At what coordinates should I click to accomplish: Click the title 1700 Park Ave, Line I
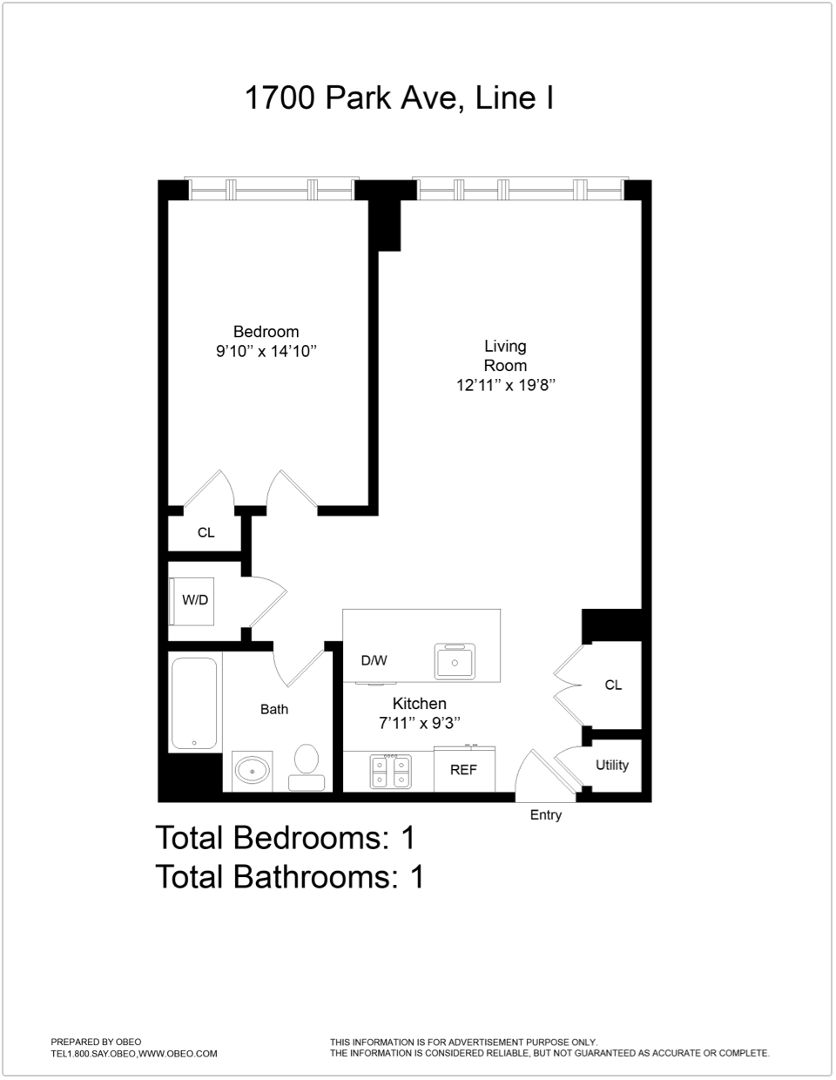coord(399,98)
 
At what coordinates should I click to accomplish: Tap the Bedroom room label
coord(266,332)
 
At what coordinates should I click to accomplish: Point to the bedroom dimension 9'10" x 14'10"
coord(266,352)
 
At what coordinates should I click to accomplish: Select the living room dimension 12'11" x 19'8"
coord(505,385)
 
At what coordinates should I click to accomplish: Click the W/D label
coord(195,600)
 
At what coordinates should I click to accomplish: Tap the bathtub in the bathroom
coord(193,703)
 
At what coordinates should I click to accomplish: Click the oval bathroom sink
coord(253,771)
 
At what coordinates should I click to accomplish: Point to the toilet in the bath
coord(306,766)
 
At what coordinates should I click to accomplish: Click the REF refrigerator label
coord(463,771)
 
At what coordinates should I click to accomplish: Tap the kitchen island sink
coord(454,663)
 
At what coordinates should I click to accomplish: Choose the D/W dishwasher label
coord(374,661)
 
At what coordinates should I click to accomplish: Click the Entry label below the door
coord(546,815)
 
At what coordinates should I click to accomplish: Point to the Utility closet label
coord(612,766)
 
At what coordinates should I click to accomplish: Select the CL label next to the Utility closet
coord(613,685)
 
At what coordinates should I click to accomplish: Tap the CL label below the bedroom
coord(206,533)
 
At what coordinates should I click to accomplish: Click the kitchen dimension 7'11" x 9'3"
coord(419,723)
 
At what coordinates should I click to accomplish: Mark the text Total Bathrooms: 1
coord(289,877)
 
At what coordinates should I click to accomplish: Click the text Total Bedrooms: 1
coord(285,838)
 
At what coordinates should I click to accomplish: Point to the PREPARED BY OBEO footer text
coord(96,1042)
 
